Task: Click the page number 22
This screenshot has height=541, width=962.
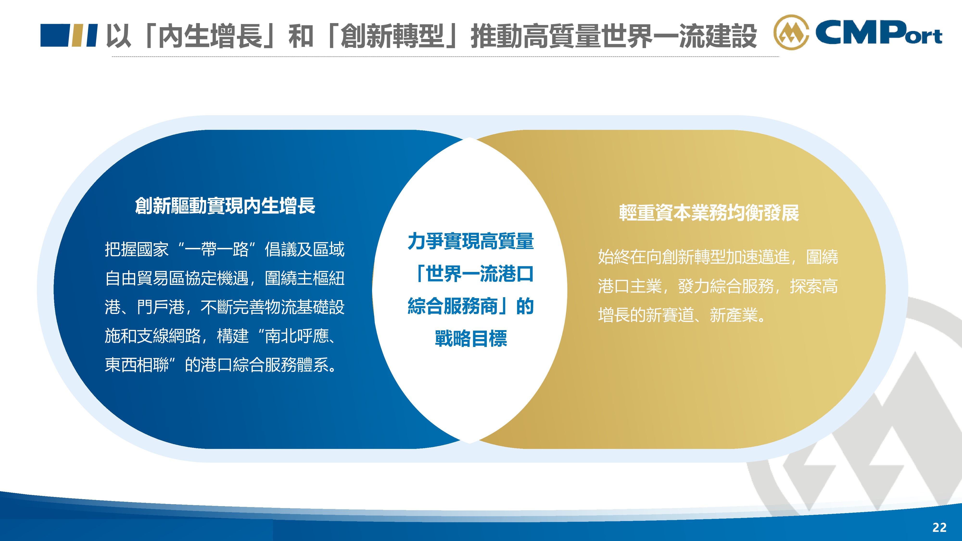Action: point(939,527)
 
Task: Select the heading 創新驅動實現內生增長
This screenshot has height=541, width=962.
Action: point(225,206)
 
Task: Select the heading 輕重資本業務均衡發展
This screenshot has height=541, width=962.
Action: point(709,213)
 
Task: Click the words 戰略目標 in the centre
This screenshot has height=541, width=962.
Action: point(471,338)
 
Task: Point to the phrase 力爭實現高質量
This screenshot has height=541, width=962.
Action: point(471,241)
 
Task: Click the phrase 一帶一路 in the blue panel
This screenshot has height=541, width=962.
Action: point(217,249)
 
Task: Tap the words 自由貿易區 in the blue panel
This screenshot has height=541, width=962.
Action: point(145,278)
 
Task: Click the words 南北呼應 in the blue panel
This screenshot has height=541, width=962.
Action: point(297,336)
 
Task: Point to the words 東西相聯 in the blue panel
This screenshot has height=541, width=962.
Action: point(137,365)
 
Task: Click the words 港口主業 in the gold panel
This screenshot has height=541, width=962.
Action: point(630,286)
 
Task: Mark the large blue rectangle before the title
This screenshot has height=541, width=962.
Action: point(55,36)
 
